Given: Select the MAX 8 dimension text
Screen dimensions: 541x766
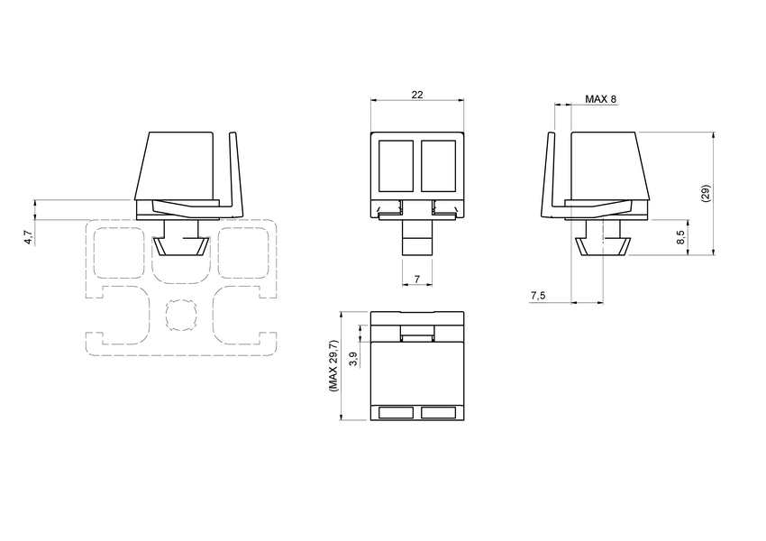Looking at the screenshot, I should (600, 99).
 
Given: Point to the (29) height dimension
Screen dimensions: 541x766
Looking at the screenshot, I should (706, 194).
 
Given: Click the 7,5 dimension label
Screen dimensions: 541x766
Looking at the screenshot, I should (539, 296).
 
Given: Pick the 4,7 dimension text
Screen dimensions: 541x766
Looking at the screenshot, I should (28, 237).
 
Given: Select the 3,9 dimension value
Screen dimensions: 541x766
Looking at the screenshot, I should (353, 359).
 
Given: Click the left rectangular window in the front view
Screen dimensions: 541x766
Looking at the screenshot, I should (395, 166).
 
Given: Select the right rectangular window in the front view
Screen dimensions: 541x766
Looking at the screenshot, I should (439, 166).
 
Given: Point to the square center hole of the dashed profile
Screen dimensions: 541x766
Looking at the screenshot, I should (181, 314).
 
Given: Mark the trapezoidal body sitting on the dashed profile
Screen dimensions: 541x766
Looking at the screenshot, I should (178, 166).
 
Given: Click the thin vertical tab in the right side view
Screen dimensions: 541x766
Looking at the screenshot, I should (551, 176).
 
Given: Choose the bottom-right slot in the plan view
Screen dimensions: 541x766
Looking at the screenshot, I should (439, 412).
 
